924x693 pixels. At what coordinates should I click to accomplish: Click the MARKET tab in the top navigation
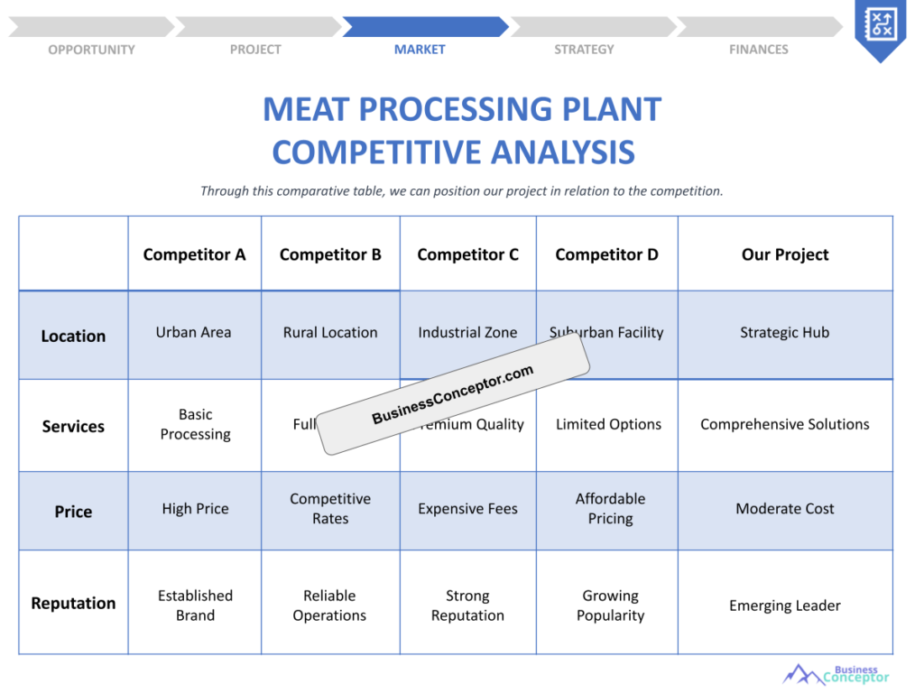tap(420, 50)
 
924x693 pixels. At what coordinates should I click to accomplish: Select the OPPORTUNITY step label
tap(91, 50)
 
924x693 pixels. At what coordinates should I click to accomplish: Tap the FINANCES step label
tap(758, 50)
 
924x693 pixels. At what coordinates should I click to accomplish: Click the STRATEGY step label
tap(584, 50)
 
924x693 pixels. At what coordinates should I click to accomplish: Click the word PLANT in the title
tap(612, 110)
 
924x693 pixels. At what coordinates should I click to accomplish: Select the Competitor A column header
tap(194, 254)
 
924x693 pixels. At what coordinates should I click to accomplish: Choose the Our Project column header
tap(785, 254)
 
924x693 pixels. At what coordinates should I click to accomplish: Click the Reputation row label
tap(73, 604)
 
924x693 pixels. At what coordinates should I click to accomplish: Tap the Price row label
tap(73, 512)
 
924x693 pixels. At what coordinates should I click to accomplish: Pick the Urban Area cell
tap(194, 332)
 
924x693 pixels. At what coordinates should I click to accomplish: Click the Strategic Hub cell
tap(785, 332)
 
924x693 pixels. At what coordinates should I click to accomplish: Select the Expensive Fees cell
tap(467, 509)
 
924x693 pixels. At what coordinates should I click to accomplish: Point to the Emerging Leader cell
tap(785, 605)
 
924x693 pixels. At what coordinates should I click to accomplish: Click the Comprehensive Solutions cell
tap(785, 424)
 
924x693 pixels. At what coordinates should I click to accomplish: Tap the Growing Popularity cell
tap(610, 605)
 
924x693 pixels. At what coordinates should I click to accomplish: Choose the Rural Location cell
tap(330, 332)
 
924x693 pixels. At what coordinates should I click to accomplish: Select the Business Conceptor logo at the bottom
tap(836, 674)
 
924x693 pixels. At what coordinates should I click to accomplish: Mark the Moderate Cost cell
tap(785, 509)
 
